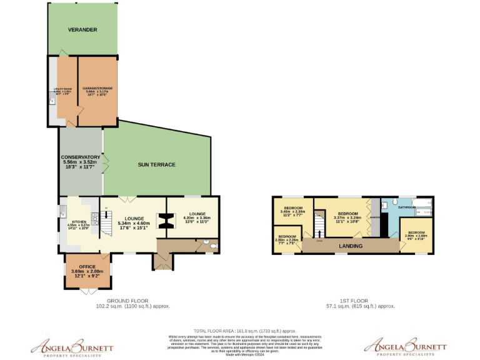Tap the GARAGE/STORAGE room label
point(97,91)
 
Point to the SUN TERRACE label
point(156,165)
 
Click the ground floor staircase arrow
point(106,216)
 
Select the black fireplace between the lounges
point(166,221)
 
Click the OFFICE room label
point(87,266)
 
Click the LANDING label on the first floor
point(351,246)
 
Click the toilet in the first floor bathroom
point(387,203)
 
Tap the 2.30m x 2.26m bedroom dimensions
point(287,240)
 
